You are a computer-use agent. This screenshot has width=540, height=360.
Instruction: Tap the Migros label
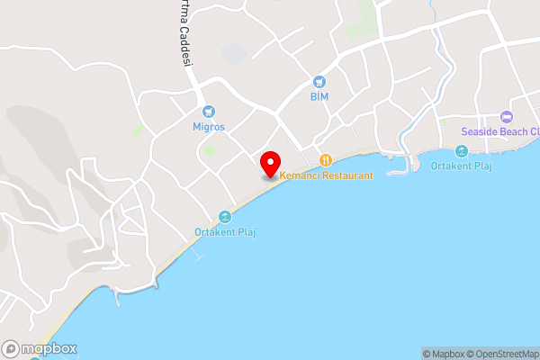(209, 127)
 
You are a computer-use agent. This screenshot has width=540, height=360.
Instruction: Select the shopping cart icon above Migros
(209, 112)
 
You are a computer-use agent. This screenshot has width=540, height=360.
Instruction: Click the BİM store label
(319, 95)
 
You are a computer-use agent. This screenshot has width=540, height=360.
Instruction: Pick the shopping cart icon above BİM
(319, 81)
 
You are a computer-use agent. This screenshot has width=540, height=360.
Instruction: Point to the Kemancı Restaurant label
(326, 175)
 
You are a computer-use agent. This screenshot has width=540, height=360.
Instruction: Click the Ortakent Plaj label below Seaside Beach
(463, 166)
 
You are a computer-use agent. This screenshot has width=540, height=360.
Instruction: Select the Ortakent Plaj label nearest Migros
(226, 232)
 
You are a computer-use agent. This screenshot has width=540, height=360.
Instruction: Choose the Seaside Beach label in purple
(500, 131)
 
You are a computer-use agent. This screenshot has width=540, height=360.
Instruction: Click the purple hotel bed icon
(506, 116)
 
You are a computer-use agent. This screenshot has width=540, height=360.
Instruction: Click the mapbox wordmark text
(49, 349)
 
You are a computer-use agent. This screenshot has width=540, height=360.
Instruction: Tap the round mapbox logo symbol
(12, 349)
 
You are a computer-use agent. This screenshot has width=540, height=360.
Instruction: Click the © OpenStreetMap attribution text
(504, 354)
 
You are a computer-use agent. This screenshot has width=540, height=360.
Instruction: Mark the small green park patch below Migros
(210, 149)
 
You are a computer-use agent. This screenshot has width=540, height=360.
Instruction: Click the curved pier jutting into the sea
(400, 168)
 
